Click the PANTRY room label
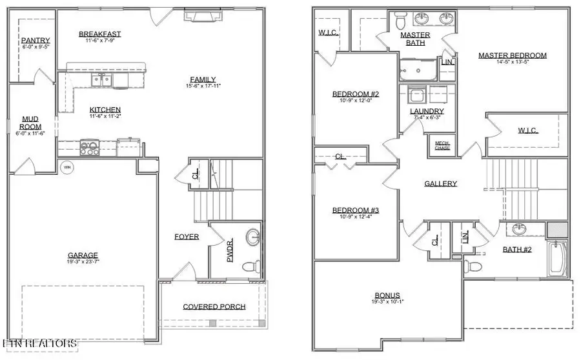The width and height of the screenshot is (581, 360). click(x=31, y=40)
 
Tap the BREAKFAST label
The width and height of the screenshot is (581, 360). click(x=99, y=34)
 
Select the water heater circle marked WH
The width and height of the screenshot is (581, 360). click(x=66, y=167)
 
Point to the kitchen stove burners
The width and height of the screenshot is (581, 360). click(x=89, y=148)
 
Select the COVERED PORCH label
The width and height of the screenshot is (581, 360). click(x=214, y=306)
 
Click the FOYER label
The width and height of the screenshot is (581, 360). click(x=187, y=237)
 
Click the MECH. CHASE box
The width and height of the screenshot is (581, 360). click(x=442, y=145)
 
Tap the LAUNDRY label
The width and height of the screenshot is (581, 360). click(x=427, y=111)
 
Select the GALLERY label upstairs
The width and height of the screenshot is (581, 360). click(x=440, y=184)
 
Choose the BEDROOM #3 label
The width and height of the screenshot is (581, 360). click(x=354, y=210)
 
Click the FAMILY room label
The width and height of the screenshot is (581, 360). click(x=203, y=79)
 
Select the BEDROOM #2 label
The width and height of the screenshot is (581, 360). click(x=354, y=94)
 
